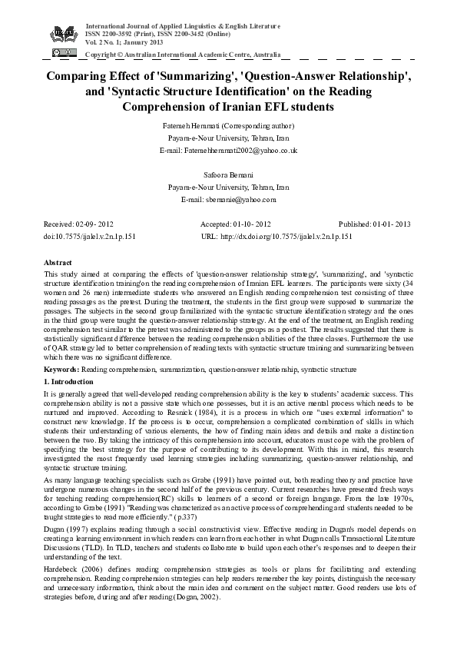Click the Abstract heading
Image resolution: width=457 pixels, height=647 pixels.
pyautogui.click(x=58, y=263)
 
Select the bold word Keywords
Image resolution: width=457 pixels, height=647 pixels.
pyautogui.click(x=61, y=370)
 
